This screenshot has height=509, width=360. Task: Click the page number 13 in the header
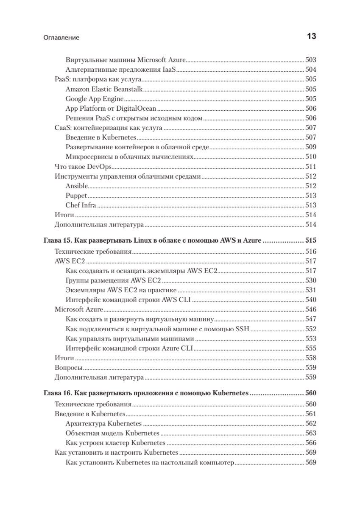click(311, 37)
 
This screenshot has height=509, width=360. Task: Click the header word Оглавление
click(61, 38)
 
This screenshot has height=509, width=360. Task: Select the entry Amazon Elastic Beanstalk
click(104, 89)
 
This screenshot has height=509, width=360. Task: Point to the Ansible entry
click(77, 186)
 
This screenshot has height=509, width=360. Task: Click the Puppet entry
click(76, 196)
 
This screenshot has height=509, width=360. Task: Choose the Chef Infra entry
click(81, 205)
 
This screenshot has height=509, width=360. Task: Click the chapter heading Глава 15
click(152, 240)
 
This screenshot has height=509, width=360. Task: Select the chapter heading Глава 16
click(146, 393)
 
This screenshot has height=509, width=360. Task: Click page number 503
click(311, 60)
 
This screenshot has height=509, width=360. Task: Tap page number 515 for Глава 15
click(311, 240)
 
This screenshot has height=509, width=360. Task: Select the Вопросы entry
click(69, 367)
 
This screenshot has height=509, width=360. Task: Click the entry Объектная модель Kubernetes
click(112, 433)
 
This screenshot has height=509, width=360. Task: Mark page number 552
click(311, 329)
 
